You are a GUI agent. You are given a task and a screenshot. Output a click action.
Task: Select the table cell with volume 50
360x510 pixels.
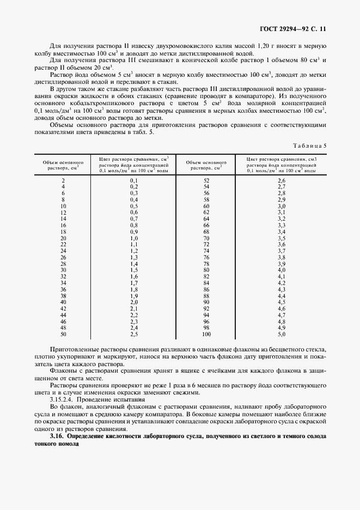(63, 333)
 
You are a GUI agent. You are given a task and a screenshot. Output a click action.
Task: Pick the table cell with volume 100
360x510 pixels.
(206, 333)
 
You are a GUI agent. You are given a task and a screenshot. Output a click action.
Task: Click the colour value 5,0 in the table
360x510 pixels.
(282, 333)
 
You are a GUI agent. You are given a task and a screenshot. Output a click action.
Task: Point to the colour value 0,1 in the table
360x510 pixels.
(133, 180)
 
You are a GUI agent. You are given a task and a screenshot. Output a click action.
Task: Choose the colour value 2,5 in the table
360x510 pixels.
(133, 333)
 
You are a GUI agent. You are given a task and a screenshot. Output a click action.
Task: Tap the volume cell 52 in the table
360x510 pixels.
(206, 180)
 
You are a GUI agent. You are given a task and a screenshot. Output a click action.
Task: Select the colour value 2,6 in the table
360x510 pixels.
(282, 180)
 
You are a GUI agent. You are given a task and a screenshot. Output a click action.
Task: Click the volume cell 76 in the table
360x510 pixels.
(206, 257)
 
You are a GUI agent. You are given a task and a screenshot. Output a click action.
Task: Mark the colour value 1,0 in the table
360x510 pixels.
(133, 238)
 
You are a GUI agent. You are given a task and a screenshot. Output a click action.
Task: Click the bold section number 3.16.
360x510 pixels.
(57, 436)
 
